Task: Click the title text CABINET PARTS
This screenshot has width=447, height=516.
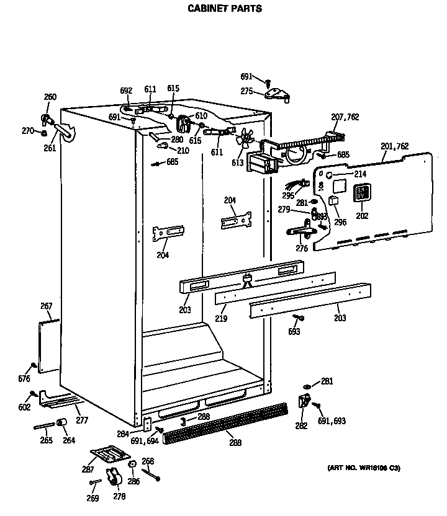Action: point(225,9)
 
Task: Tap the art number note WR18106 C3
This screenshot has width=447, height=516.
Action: point(363,468)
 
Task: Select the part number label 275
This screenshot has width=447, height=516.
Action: point(246,92)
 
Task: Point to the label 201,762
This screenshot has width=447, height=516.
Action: point(395,146)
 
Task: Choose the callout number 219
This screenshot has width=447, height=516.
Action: point(221,319)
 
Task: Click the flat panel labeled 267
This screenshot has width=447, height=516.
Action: point(48,346)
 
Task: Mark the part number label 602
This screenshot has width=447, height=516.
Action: point(24,407)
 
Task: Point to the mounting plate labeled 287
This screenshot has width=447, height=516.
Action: point(108,454)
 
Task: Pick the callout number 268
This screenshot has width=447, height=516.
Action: point(148,461)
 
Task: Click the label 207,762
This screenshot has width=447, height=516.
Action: point(345,117)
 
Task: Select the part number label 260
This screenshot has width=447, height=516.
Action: point(50,97)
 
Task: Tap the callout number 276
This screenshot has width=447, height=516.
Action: point(302,248)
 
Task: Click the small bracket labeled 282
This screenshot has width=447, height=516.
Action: point(305,401)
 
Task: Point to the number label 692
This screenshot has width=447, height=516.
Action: point(126,91)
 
